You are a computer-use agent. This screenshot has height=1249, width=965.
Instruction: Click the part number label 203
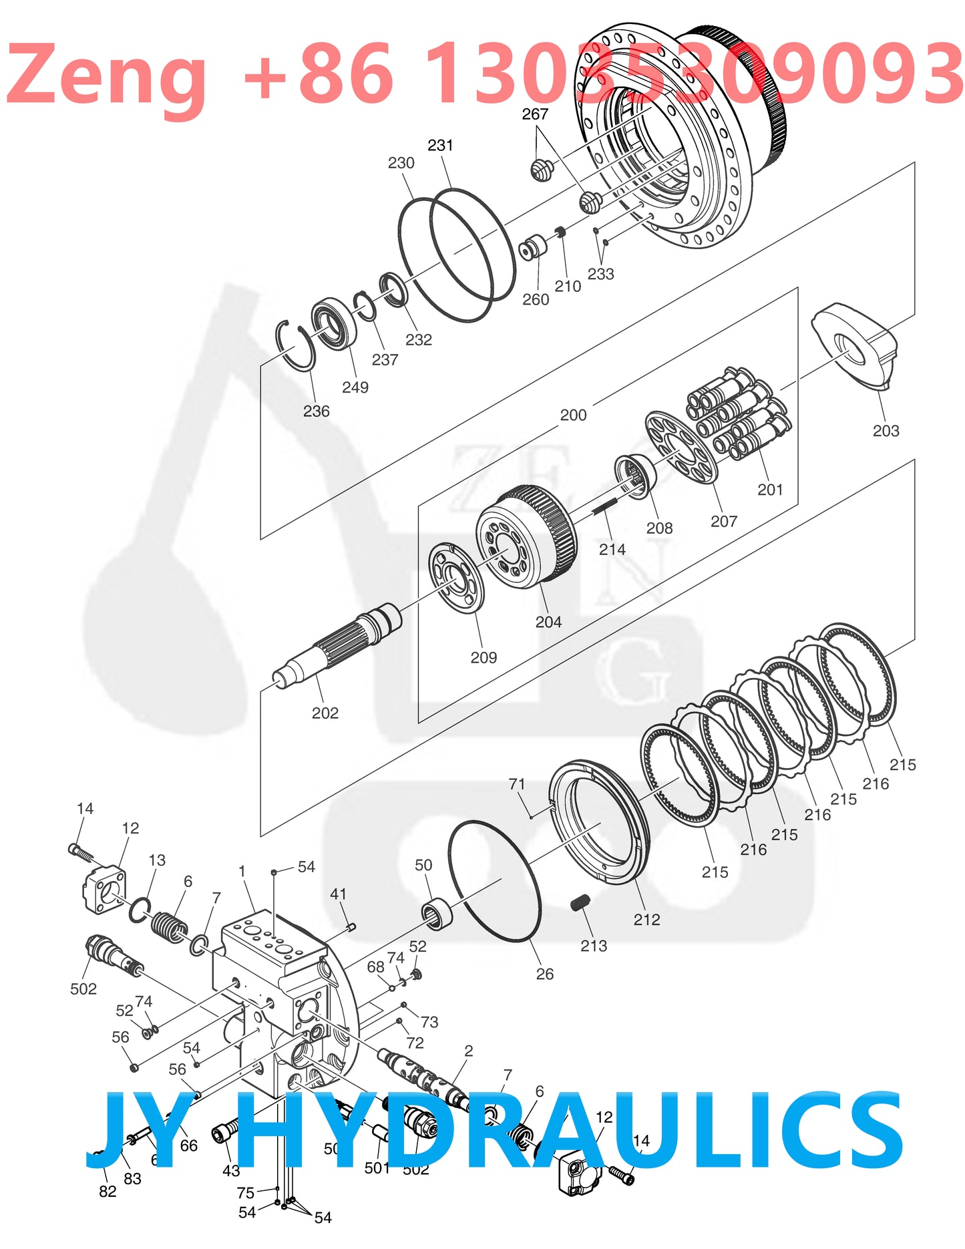[886, 431]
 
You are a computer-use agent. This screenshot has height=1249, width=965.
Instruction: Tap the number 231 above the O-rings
[440, 145]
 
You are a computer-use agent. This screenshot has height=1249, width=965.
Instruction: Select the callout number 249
[355, 387]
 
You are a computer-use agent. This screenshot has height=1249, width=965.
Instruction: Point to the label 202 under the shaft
[325, 713]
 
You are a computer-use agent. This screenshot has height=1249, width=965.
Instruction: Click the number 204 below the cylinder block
[548, 622]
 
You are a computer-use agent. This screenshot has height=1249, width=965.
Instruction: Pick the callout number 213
[594, 946]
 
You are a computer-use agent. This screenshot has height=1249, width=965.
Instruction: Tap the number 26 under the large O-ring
[545, 974]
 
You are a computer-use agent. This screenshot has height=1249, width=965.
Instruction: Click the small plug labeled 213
[581, 903]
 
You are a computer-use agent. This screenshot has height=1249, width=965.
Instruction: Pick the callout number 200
[573, 415]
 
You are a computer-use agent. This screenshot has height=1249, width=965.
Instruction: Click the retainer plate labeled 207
[681, 447]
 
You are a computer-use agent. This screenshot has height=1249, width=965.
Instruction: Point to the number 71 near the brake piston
[517, 784]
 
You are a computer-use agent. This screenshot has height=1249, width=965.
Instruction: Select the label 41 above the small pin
[339, 894]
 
